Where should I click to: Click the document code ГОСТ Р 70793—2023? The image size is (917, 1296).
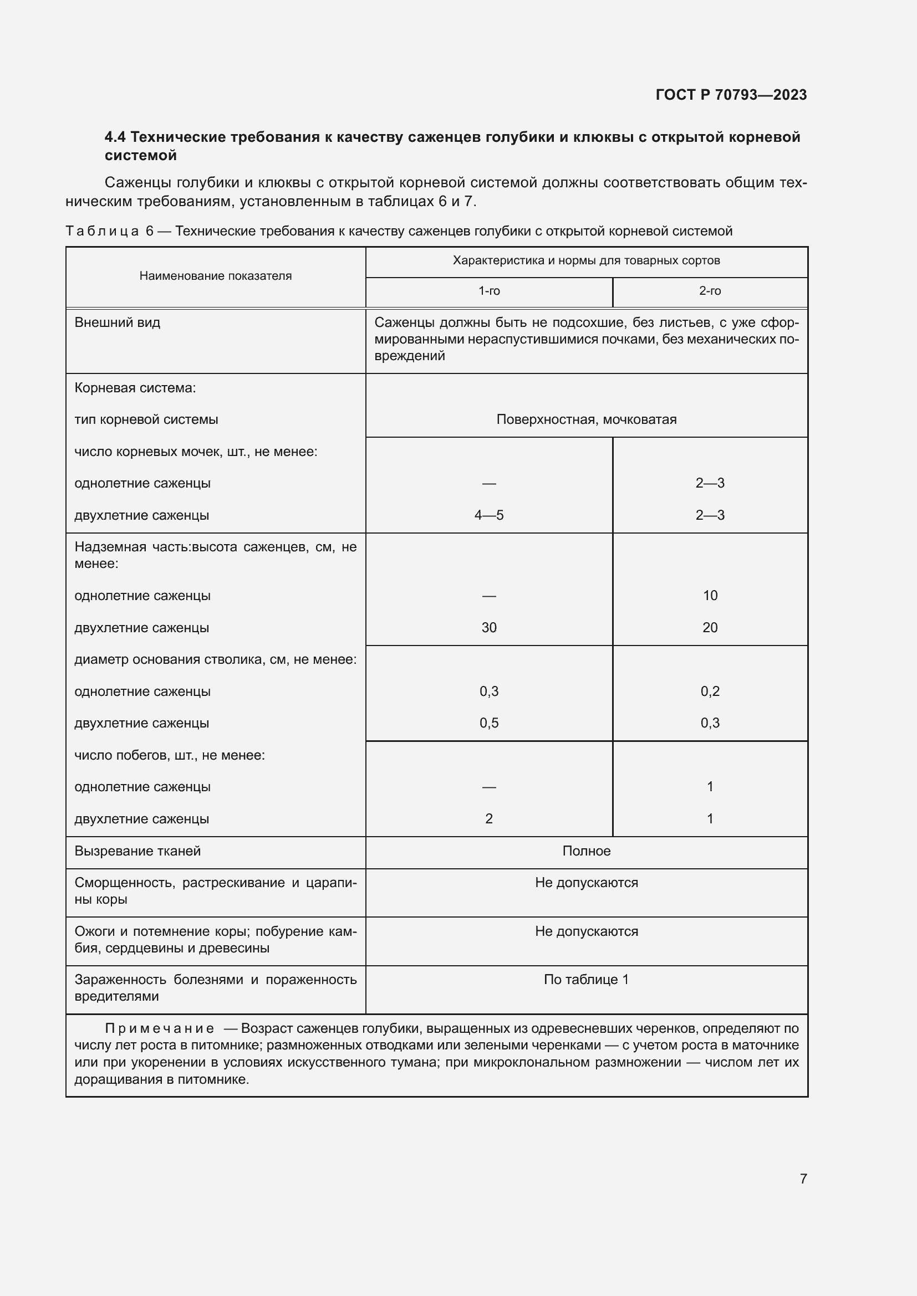pos(731,95)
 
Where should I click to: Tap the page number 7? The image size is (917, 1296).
pos(803,1178)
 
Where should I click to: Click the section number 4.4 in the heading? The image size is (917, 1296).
pos(115,137)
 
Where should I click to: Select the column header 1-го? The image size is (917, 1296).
pos(489,291)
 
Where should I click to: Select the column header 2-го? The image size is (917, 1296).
pos(710,291)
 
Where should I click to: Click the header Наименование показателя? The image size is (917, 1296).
pos(215,276)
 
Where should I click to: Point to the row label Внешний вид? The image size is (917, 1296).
pos(118,323)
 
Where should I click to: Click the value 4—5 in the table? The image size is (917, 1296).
pos(489,515)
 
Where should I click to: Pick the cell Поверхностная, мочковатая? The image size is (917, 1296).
pos(586,419)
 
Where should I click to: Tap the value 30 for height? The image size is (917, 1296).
pos(489,627)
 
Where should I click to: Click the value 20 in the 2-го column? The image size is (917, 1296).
pos(710,627)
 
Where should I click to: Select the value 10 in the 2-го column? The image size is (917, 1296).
pos(710,596)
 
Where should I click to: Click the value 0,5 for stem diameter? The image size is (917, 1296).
pos(489,723)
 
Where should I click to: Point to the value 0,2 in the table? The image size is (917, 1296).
pos(710,691)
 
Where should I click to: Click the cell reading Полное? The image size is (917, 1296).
pos(586,851)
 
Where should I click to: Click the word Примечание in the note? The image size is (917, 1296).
pos(159,1028)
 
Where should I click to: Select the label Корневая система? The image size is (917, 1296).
pos(135,388)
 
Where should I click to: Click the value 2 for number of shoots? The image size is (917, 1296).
pos(489,818)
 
